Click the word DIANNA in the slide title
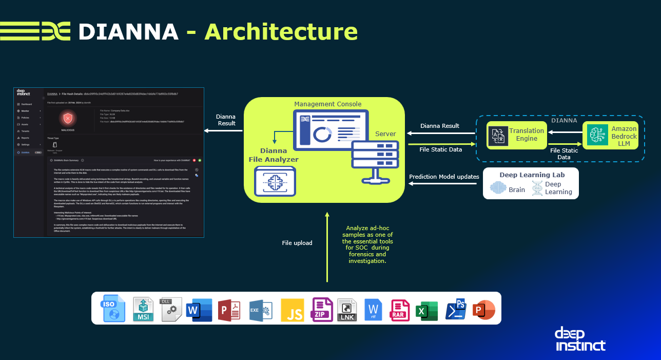128,31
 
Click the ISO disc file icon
113,308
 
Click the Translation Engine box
517,135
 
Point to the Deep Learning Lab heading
531,175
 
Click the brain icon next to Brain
498,189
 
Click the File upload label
297,242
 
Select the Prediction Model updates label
444,177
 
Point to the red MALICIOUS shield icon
68,119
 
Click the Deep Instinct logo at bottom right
580,339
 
